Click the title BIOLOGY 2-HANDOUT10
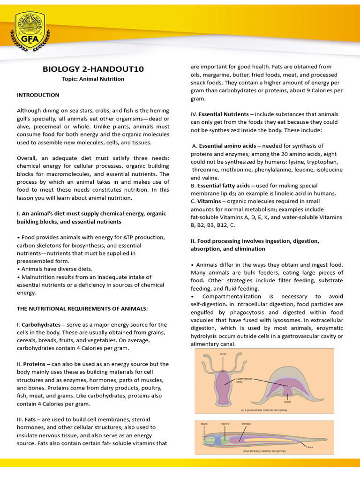pyautogui.click(x=93, y=69)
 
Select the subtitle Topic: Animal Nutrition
pyautogui.click(x=93, y=79)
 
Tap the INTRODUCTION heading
pyautogui.click(x=38, y=95)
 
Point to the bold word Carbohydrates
pyautogui.click(x=41, y=324)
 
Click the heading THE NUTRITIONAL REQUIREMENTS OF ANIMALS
pyautogui.click(x=82, y=308)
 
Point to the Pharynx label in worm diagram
pyautogui.click(x=225, y=424)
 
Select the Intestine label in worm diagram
pyautogui.click(x=247, y=424)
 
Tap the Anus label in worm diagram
pyautogui.click(x=310, y=447)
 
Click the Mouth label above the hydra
pyautogui.click(x=223, y=354)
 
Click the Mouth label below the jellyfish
pyautogui.click(x=287, y=402)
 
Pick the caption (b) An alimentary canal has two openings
pyautogui.click(x=264, y=451)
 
